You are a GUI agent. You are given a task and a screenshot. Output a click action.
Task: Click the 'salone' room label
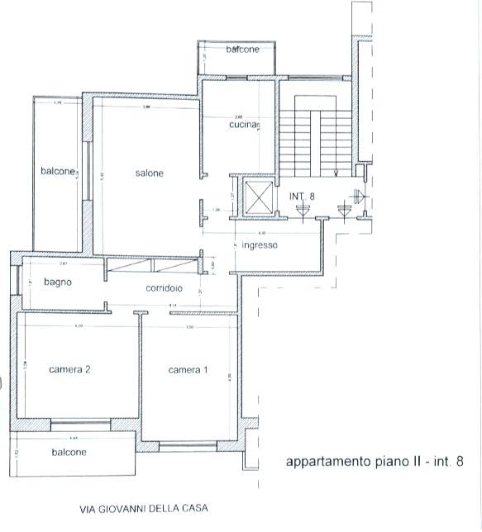(150, 173)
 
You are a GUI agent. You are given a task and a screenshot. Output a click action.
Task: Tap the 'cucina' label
(245, 125)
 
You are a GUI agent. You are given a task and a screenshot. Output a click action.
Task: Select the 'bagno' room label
(59, 282)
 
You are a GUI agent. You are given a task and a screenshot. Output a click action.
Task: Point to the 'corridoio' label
(164, 288)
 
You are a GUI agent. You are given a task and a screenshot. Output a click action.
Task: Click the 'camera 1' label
(188, 370)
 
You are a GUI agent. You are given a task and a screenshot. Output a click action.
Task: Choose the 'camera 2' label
(69, 369)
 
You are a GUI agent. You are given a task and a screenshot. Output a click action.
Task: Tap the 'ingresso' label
(260, 245)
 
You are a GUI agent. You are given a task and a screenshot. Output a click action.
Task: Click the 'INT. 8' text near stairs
(303, 196)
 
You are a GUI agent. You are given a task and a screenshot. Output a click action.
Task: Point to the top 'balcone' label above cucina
(243, 50)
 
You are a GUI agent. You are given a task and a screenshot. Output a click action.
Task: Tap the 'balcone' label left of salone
(59, 171)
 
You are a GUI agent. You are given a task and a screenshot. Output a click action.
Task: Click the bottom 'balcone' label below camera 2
(69, 452)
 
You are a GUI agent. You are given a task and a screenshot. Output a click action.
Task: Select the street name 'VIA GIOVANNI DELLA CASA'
(143, 509)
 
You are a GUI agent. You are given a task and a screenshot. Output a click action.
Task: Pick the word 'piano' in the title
(384, 463)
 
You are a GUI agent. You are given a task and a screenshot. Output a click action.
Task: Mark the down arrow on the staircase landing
(336, 172)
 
